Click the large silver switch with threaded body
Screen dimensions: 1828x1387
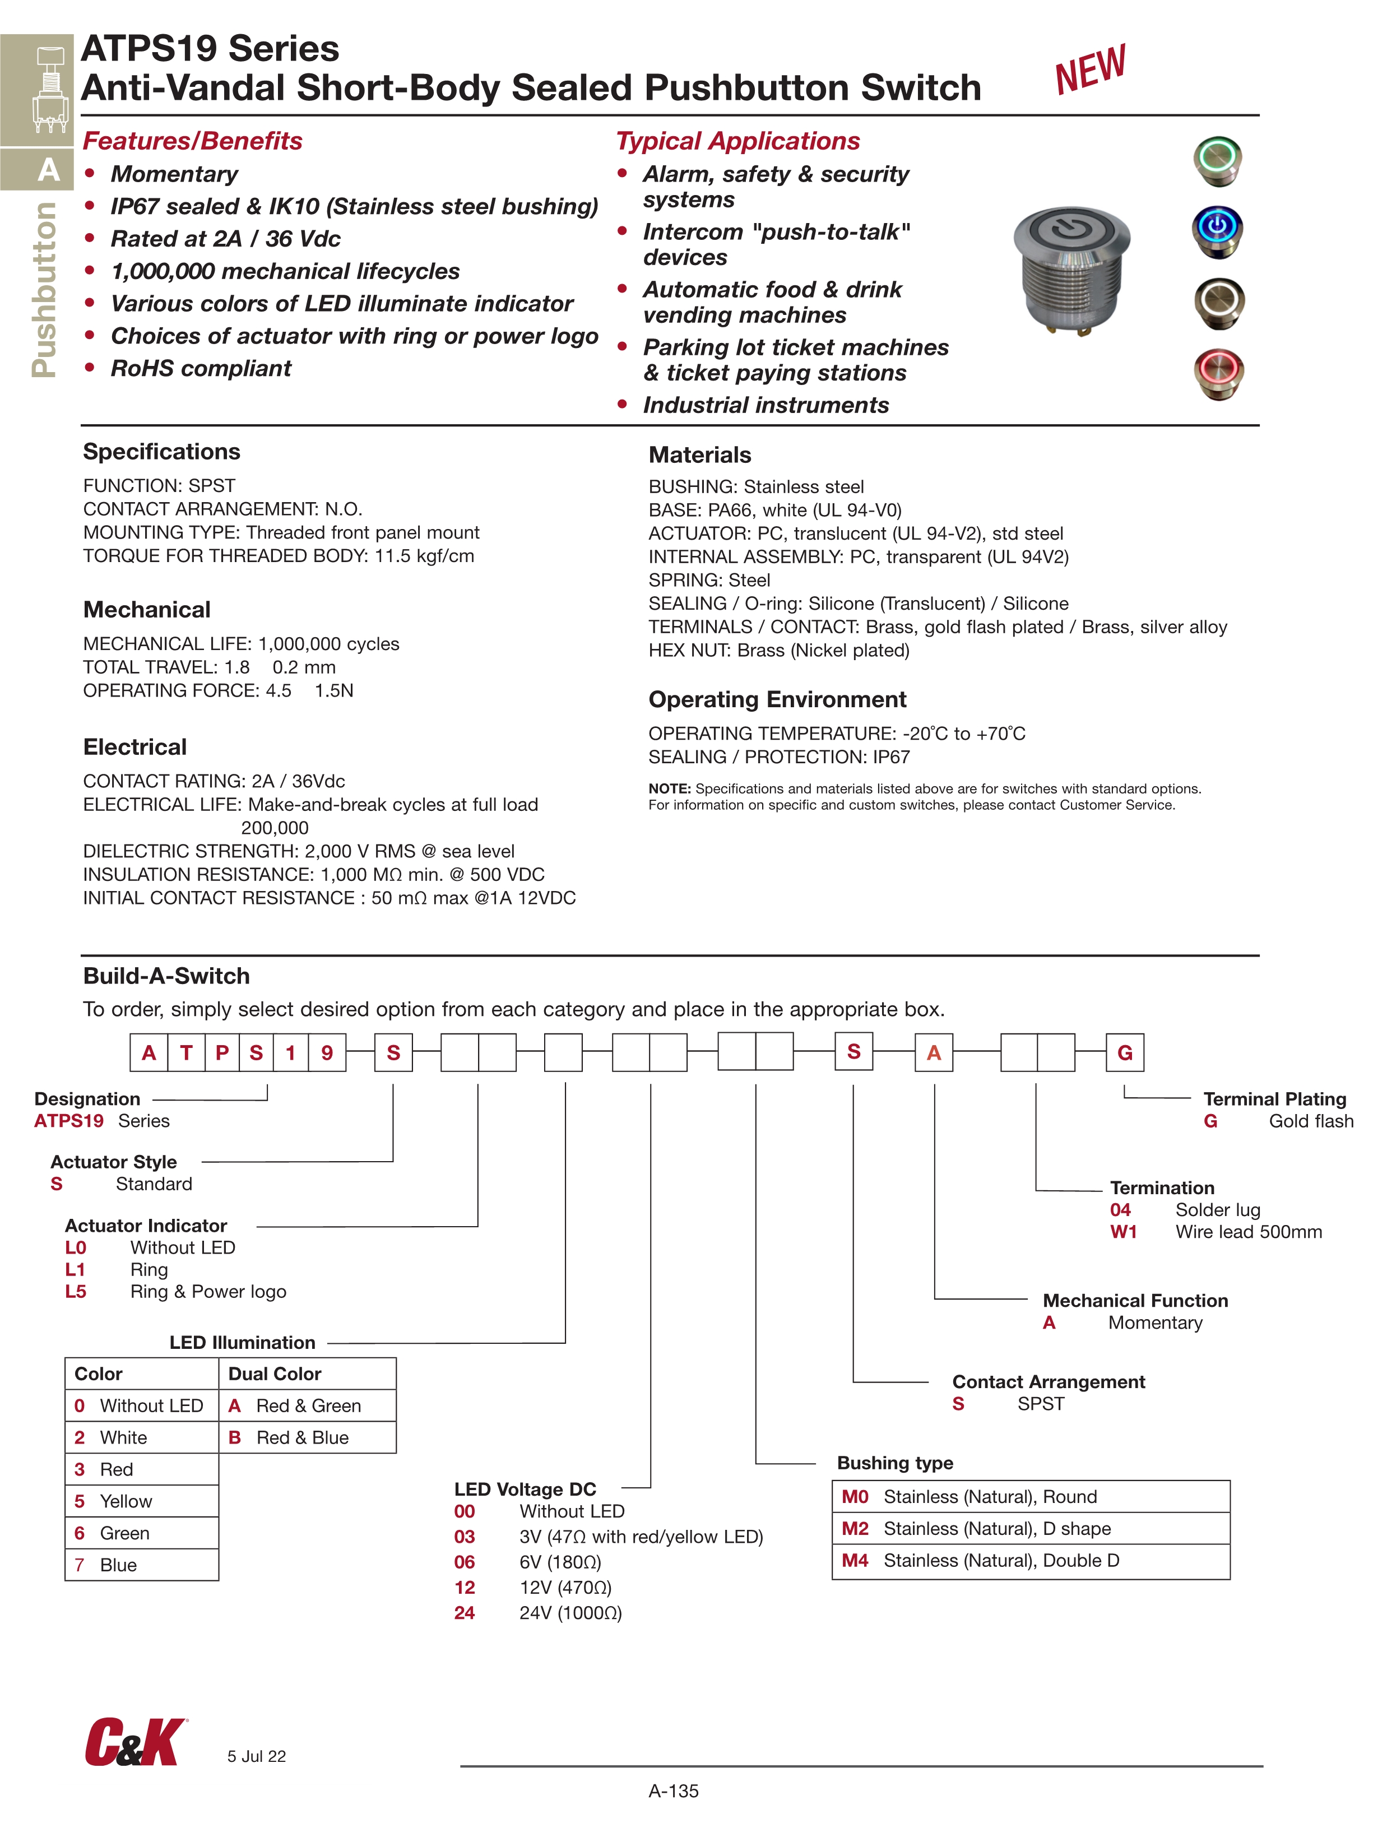tap(1072, 268)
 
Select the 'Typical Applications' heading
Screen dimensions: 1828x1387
tap(737, 141)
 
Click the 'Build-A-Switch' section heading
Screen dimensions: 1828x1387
tap(166, 976)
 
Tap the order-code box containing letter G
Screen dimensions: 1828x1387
tap(1124, 1053)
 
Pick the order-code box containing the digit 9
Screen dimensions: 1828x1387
tap(327, 1053)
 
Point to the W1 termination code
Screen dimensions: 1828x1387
tap(1123, 1232)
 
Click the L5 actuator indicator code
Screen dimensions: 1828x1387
tap(75, 1292)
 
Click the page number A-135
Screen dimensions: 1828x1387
tap(674, 1791)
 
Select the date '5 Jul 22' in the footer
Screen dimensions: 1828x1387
tap(256, 1757)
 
